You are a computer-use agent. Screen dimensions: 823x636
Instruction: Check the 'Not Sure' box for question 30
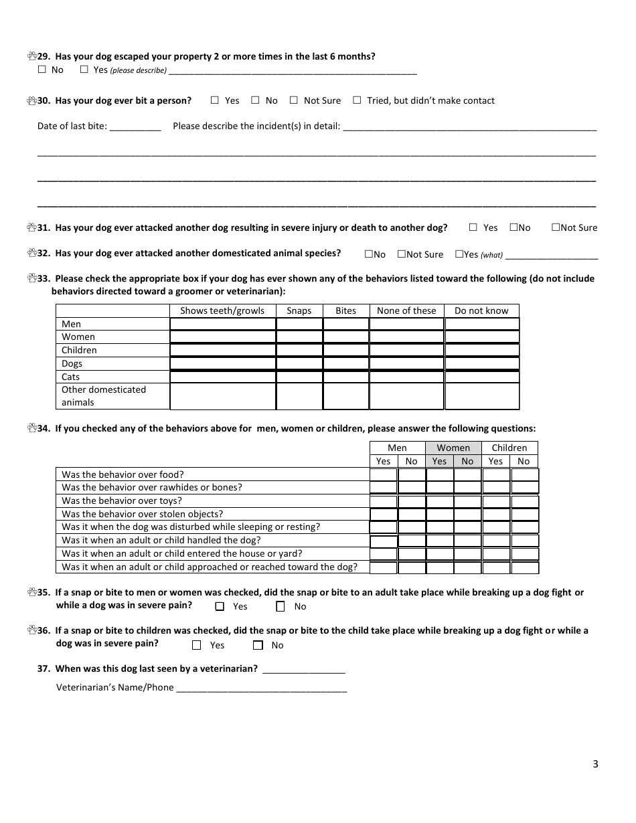click(x=294, y=100)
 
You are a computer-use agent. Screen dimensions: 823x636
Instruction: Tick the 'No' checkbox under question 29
click(x=42, y=70)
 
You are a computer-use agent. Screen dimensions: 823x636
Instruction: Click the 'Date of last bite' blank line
click(x=135, y=126)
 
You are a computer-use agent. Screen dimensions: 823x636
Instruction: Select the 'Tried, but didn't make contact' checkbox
click(x=357, y=100)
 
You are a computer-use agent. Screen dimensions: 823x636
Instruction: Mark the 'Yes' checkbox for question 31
click(x=473, y=227)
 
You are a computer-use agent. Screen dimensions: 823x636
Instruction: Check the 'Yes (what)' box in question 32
click(x=459, y=254)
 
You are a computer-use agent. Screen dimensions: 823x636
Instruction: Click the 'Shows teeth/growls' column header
click(x=222, y=310)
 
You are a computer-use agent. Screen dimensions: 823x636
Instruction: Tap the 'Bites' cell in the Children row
click(x=345, y=350)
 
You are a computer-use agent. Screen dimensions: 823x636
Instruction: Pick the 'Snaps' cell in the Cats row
click(x=299, y=377)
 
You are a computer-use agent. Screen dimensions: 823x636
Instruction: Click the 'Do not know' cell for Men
click(x=481, y=324)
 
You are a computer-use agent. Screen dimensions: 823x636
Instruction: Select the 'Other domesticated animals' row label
click(x=104, y=395)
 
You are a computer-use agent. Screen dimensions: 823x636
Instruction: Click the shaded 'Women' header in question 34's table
click(x=453, y=448)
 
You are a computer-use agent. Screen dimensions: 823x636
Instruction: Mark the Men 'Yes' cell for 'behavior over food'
click(x=384, y=474)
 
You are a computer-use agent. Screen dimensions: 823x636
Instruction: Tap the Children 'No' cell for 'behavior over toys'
click(x=524, y=501)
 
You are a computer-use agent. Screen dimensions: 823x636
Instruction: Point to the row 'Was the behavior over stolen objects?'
click(x=143, y=514)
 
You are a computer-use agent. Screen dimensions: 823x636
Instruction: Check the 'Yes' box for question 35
click(x=220, y=607)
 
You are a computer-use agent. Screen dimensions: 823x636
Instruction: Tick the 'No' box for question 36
click(x=258, y=646)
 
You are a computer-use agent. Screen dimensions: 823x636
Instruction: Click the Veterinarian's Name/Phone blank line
click(x=261, y=688)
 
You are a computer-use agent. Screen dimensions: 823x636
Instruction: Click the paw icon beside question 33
click(x=31, y=278)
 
